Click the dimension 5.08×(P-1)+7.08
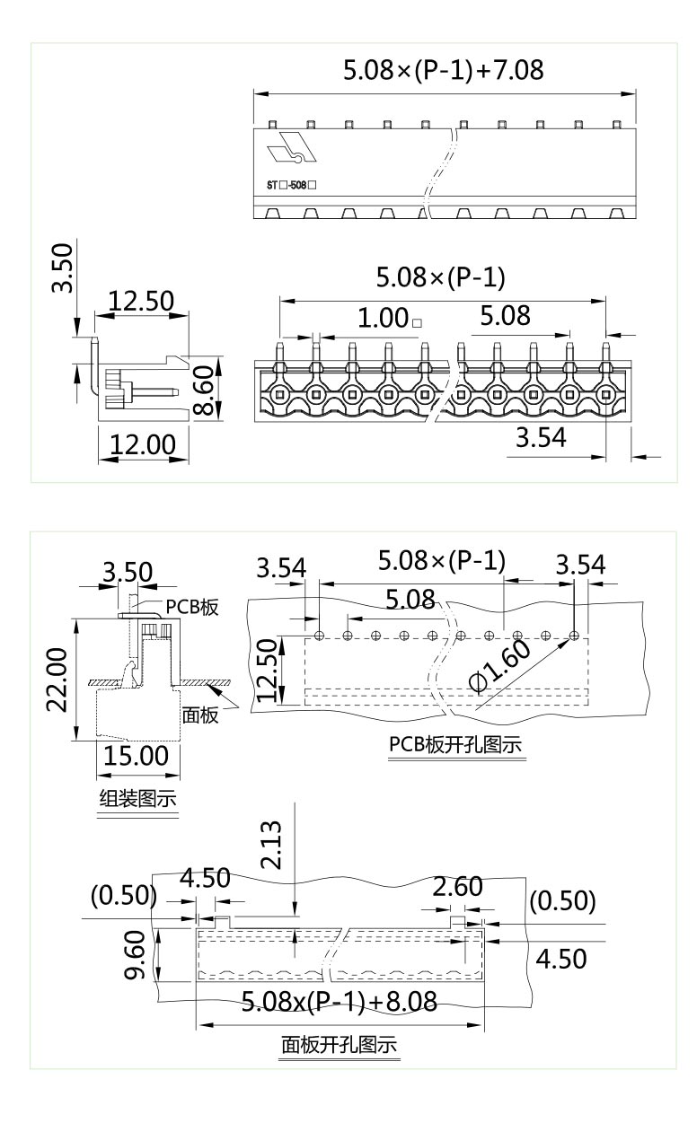[x=444, y=71]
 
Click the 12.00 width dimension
[x=143, y=443]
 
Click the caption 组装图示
[x=137, y=799]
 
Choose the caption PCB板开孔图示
[x=455, y=746]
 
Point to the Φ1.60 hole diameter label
[x=499, y=665]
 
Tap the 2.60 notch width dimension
[x=457, y=887]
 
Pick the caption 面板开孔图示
[x=339, y=1045]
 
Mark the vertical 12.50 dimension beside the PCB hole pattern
[x=268, y=671]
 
